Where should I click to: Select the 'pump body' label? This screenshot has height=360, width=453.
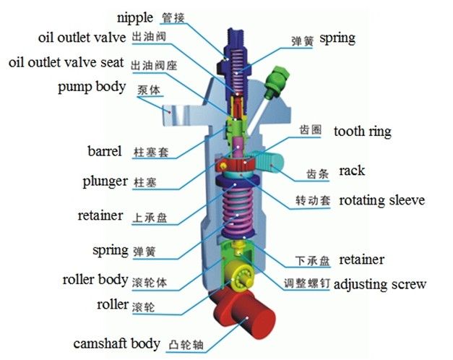tap(92, 87)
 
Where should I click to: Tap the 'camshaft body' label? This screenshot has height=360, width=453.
tap(115, 343)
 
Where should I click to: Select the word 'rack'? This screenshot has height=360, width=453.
tap(352, 171)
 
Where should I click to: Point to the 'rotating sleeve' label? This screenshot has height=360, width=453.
tap(381, 200)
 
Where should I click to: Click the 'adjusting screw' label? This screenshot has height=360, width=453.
tap(380, 284)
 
